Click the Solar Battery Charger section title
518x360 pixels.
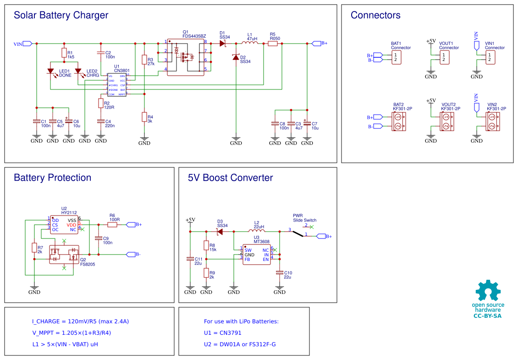(x=61, y=15)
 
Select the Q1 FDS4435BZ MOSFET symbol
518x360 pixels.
(x=186, y=57)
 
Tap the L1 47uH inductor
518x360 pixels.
(x=250, y=44)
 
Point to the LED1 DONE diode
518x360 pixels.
(x=51, y=71)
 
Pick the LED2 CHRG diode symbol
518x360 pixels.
(x=78, y=71)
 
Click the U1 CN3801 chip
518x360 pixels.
(x=117, y=85)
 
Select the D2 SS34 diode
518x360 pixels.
(x=236, y=57)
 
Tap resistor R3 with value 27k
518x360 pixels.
(x=144, y=60)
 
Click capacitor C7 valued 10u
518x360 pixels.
(x=307, y=123)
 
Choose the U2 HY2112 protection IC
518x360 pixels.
(x=64, y=225)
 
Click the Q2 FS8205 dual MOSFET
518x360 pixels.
(x=64, y=255)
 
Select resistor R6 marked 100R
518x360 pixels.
(x=112, y=225)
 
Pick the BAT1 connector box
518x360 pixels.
(x=396, y=57)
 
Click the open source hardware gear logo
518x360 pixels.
(x=488, y=292)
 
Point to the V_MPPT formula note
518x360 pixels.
(x=71, y=333)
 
